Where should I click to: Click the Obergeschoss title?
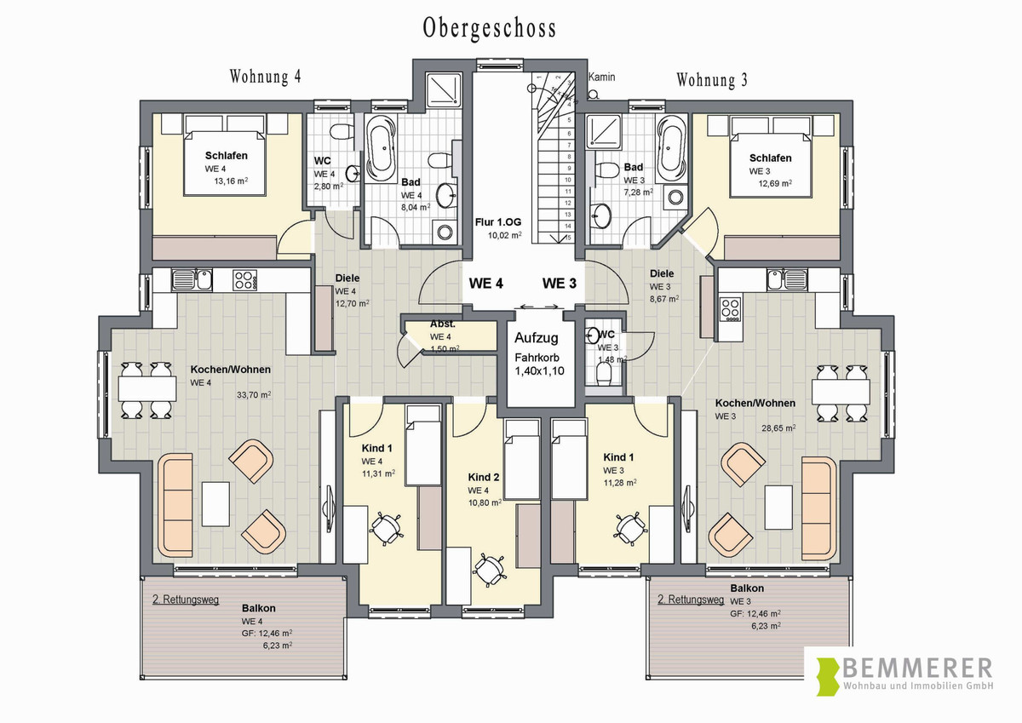click(x=489, y=29)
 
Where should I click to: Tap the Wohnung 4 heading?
click(x=265, y=76)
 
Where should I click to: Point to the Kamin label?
click(x=602, y=77)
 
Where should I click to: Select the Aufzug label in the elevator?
click(x=536, y=338)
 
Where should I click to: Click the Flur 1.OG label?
click(x=498, y=222)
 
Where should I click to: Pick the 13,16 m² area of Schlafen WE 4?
click(x=231, y=181)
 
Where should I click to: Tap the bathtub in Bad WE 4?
click(x=381, y=148)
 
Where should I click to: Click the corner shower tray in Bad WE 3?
click(x=604, y=132)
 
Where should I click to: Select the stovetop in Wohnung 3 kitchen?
click(x=730, y=309)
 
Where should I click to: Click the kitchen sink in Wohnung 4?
click(x=192, y=280)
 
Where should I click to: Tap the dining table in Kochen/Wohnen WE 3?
click(x=841, y=393)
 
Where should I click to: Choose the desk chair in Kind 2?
click(x=490, y=569)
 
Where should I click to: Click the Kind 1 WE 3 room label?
click(x=618, y=457)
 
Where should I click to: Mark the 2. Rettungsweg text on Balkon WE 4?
click(x=186, y=600)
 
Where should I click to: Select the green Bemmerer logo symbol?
click(x=827, y=676)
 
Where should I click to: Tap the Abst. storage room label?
click(x=443, y=324)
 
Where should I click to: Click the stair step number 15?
click(x=568, y=238)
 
